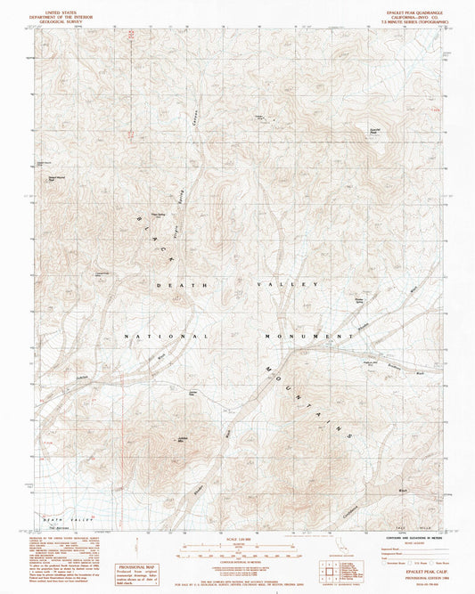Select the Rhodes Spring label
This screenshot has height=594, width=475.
(x=360, y=300)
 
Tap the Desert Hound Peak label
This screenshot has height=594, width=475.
(x=49, y=177)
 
